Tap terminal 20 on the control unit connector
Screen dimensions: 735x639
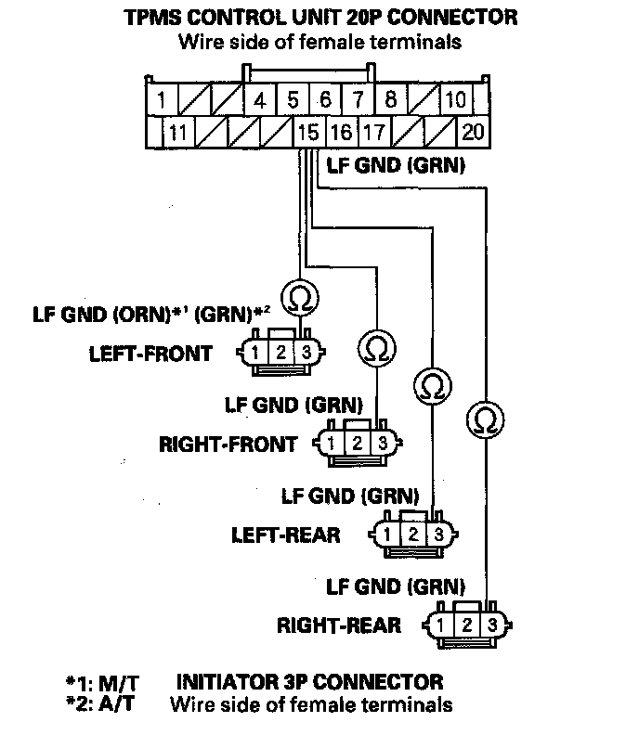[x=473, y=132]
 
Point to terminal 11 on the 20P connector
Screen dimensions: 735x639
[x=176, y=132]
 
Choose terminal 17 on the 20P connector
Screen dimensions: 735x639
[x=373, y=132]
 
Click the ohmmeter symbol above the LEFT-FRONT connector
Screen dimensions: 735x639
[x=302, y=299]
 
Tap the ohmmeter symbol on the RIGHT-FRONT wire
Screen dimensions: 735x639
[x=375, y=348]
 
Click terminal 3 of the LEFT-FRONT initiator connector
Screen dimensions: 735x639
[x=304, y=353]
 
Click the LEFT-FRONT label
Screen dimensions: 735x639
[x=150, y=354]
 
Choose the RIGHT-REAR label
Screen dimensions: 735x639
[x=339, y=625]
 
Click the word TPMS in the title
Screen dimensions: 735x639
[x=152, y=18]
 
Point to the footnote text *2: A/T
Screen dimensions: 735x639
[x=101, y=704]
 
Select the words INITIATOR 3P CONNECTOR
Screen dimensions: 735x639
[x=309, y=683]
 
